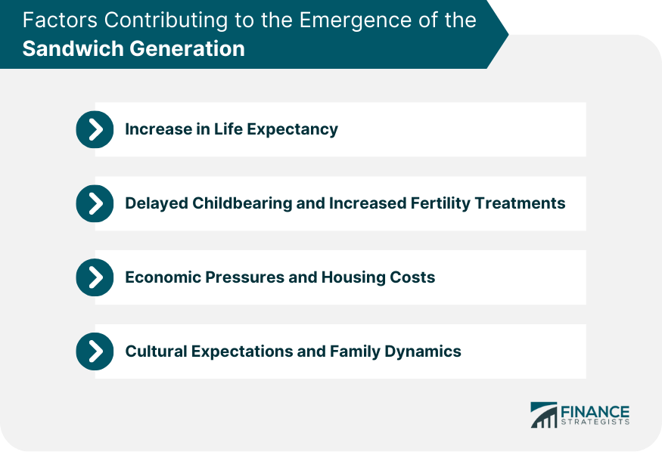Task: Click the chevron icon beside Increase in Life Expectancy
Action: pyautogui.click(x=95, y=129)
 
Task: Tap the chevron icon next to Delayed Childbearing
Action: pyautogui.click(x=95, y=203)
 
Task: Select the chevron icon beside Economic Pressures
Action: pyautogui.click(x=95, y=277)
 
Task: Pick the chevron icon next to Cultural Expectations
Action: pyautogui.click(x=95, y=351)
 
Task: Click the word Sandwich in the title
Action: pyautogui.click(x=73, y=48)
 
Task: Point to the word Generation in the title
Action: pyautogui.click(x=187, y=48)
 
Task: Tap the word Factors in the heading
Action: pyautogui.click(x=60, y=20)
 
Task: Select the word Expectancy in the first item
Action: pyautogui.click(x=292, y=129)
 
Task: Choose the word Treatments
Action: pyautogui.click(x=521, y=203)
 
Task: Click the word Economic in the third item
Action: pyautogui.click(x=163, y=277)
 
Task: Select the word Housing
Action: pyautogui.click(x=353, y=277)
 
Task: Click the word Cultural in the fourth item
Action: pyautogui.click(x=156, y=351)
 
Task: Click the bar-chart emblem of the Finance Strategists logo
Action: pyautogui.click(x=544, y=415)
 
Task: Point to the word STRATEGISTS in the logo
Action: pyautogui.click(x=595, y=422)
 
